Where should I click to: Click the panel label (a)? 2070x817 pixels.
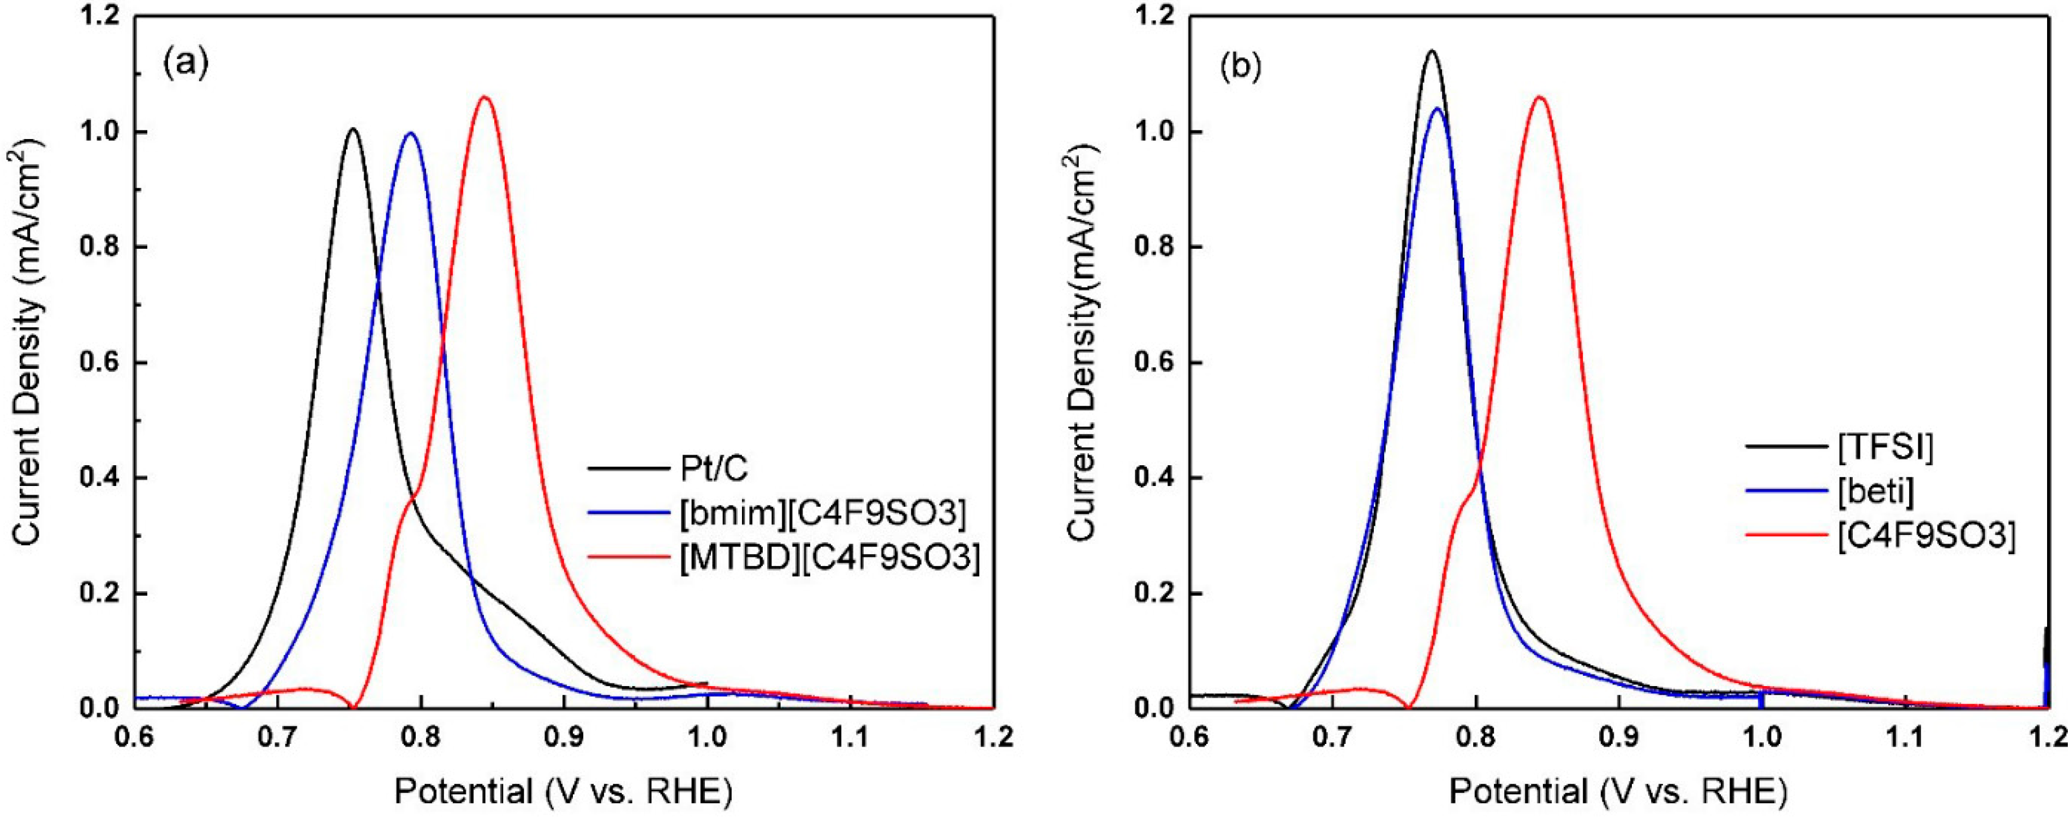point(186,63)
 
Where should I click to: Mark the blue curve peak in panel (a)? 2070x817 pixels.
point(411,134)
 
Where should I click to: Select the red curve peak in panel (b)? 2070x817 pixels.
point(1540,97)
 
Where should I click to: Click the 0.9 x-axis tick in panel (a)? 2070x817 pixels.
point(564,736)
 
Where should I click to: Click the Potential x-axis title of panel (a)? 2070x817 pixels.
point(563,791)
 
